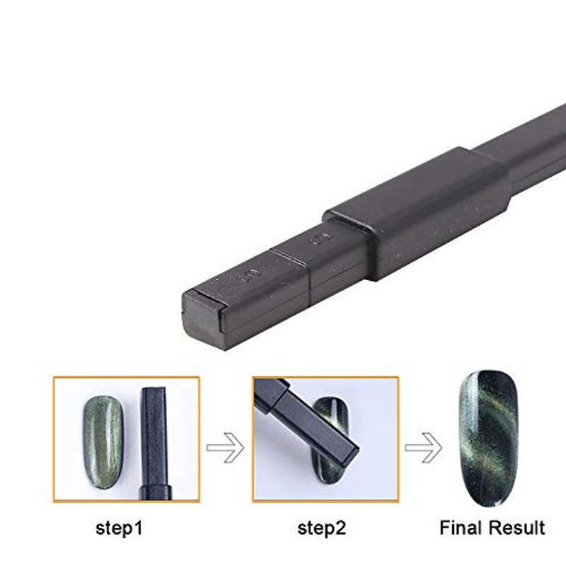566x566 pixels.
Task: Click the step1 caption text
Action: [119, 529]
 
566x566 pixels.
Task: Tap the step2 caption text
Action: [322, 529]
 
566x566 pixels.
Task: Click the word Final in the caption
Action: [461, 528]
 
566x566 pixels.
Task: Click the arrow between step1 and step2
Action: [225, 448]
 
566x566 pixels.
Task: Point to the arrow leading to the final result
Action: [423, 448]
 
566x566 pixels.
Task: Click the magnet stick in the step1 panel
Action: [154, 444]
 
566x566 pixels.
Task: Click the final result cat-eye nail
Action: [488, 439]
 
